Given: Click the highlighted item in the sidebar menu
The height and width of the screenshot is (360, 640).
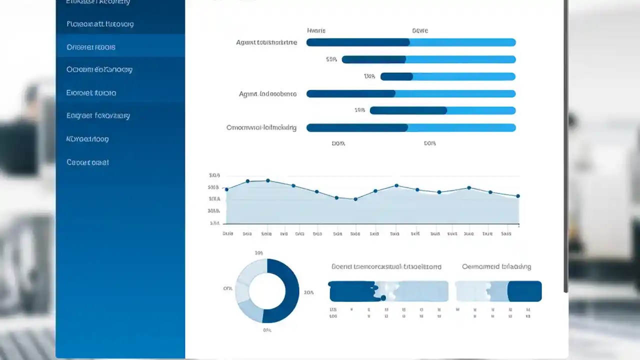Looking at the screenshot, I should click(x=91, y=47).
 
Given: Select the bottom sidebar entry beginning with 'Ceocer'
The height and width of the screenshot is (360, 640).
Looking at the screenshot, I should click(x=87, y=162).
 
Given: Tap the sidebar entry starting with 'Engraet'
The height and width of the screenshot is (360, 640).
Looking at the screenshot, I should click(x=98, y=115).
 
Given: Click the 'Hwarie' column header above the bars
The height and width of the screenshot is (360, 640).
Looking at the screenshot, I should click(x=316, y=30).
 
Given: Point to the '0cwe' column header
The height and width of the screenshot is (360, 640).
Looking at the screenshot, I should click(x=420, y=30).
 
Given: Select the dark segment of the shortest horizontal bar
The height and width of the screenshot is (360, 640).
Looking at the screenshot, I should click(x=396, y=76).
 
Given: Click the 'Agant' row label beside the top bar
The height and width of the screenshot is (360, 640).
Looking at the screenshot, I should click(x=266, y=42).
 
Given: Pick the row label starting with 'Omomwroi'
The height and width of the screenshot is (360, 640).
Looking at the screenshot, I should click(x=261, y=127).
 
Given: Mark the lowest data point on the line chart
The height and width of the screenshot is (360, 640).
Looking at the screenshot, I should click(x=355, y=199).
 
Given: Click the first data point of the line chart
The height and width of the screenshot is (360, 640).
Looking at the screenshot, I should click(x=226, y=189).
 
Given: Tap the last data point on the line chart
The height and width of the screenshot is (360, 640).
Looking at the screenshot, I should click(x=518, y=196).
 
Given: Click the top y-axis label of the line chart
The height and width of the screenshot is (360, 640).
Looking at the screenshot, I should click(x=214, y=175).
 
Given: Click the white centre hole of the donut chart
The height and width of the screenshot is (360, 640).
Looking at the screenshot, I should click(x=267, y=290).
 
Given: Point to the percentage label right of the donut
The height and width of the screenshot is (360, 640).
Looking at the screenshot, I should click(x=308, y=292).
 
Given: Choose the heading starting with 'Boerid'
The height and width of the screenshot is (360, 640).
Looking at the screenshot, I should click(x=386, y=266).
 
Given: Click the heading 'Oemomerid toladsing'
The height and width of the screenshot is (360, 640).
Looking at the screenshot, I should click(x=496, y=266).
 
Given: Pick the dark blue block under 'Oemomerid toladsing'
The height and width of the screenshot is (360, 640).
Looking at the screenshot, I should click(x=524, y=291).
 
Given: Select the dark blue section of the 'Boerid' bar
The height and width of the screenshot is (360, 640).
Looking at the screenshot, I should click(x=351, y=291).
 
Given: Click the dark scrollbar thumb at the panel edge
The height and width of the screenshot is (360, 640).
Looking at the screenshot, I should click(x=565, y=150).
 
